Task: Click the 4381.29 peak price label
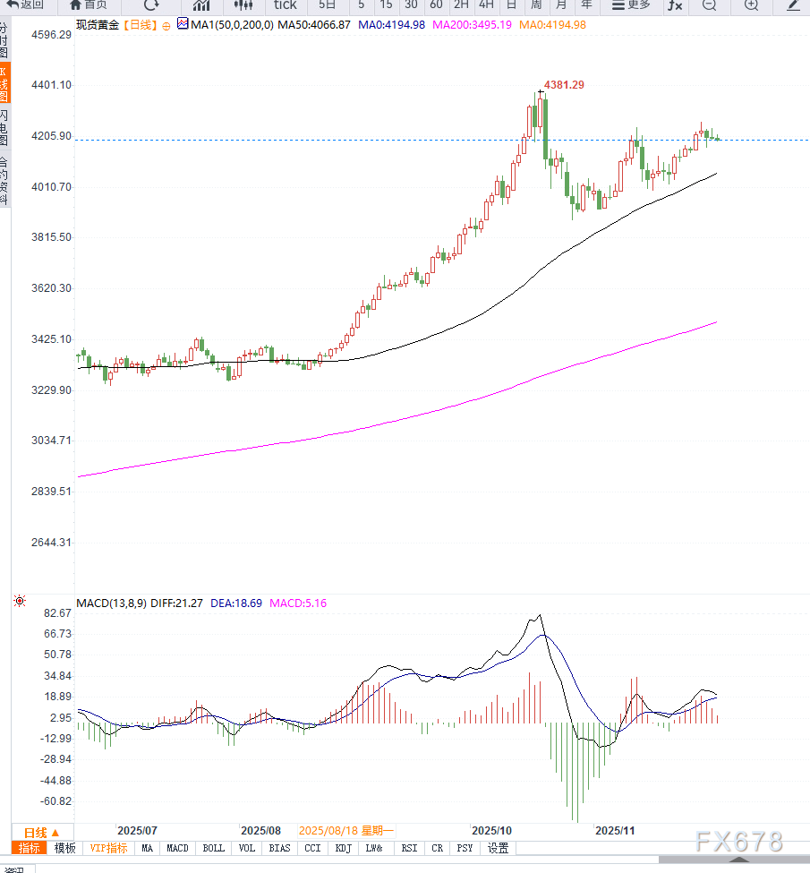point(564,84)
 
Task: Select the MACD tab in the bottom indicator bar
point(177,848)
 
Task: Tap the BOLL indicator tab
point(213,848)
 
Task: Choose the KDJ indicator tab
point(344,848)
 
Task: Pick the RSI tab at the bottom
point(409,848)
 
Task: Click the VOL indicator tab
point(247,848)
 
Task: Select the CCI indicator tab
point(312,848)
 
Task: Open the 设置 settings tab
point(499,848)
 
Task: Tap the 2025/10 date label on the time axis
point(491,830)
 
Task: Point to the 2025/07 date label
point(138,830)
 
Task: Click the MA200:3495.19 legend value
point(472,24)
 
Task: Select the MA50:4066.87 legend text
point(313,24)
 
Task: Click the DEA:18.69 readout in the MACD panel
point(236,603)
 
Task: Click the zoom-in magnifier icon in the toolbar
point(749,5)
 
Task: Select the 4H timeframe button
point(486,5)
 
